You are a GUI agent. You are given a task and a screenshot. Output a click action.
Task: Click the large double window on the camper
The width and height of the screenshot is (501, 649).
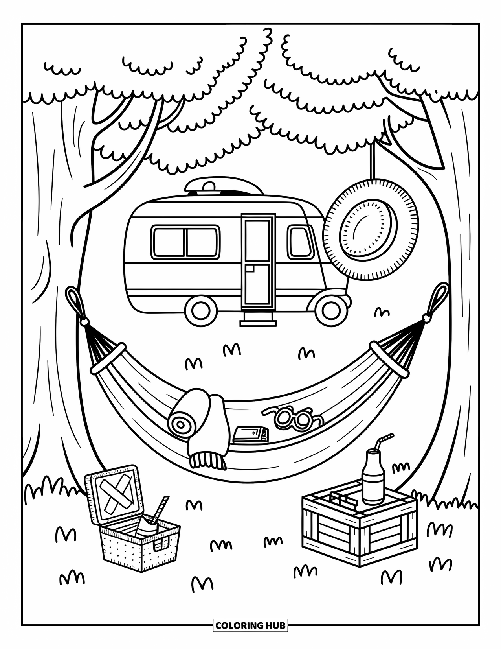[x=185, y=242]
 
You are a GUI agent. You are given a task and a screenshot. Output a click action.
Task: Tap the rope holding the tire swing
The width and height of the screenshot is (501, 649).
[x=371, y=161]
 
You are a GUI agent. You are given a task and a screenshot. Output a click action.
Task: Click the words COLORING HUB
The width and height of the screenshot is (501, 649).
[x=250, y=625]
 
